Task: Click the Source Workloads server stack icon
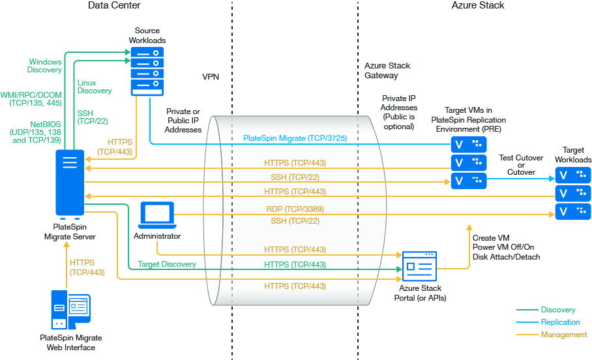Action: [146, 71]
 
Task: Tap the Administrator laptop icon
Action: [157, 214]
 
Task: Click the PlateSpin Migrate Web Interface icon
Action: [70, 310]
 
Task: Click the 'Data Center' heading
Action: [113, 6]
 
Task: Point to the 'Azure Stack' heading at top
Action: [477, 6]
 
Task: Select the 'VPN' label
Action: [211, 77]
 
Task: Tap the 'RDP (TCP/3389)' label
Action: [295, 209]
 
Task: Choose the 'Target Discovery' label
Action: [167, 264]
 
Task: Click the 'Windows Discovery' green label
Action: [45, 65]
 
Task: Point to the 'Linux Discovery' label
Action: [95, 87]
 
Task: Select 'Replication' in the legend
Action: [560, 322]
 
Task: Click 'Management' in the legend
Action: [563, 335]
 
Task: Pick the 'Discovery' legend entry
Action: [558, 310]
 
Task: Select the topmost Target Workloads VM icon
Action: [573, 175]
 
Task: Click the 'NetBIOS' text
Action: [46, 123]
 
